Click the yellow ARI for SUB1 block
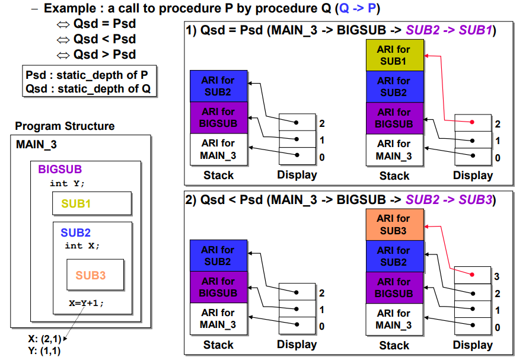(395, 55)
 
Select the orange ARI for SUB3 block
(395, 225)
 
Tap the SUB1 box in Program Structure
(92, 203)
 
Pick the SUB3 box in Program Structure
(95, 275)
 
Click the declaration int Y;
(67, 183)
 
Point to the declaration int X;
(82, 246)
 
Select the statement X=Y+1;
(87, 303)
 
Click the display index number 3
(496, 276)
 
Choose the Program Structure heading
(65, 126)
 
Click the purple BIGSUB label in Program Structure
(60, 169)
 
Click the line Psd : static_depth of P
(87, 75)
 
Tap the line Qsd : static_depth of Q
(88, 89)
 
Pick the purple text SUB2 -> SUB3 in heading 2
(449, 200)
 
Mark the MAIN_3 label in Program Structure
(36, 144)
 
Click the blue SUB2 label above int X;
(75, 232)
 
